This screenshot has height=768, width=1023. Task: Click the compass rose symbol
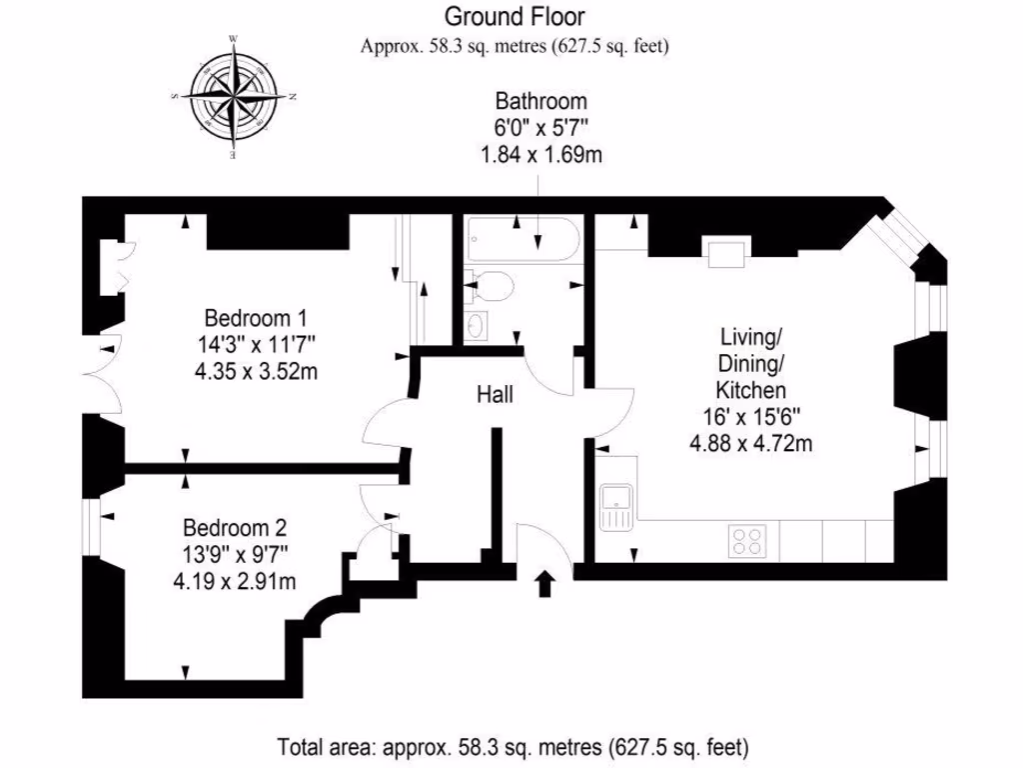234,98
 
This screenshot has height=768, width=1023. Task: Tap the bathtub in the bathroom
521,243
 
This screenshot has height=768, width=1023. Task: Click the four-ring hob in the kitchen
746,540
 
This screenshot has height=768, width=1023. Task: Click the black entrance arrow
544,583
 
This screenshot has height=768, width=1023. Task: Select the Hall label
495,396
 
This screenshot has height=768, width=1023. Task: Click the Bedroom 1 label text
255,319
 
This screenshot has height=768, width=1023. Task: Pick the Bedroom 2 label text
235,527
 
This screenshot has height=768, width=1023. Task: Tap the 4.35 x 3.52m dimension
255,372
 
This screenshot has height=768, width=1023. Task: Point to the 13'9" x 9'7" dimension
235,553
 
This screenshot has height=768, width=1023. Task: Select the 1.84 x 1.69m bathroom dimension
540,154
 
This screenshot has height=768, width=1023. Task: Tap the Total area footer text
512,746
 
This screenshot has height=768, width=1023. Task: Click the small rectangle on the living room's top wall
724,254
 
